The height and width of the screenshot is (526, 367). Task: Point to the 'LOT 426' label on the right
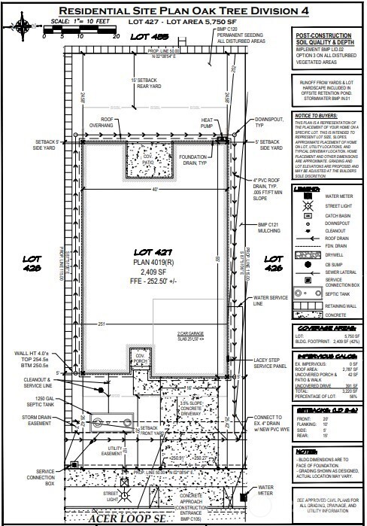pyautogui.click(x=271, y=263)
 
